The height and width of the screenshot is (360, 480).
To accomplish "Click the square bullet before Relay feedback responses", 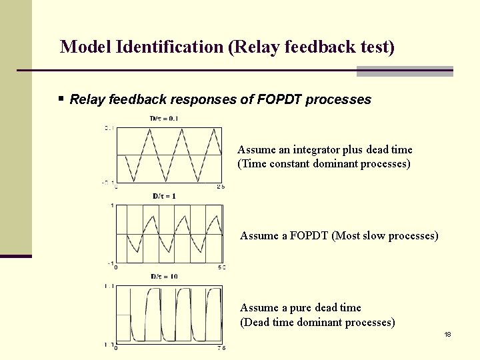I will pos(61,99).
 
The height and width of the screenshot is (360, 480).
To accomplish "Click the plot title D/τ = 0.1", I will pos(163,119).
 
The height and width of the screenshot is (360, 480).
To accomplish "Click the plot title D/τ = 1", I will pos(164,196).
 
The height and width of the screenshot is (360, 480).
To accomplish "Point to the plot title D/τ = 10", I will pos(164,276).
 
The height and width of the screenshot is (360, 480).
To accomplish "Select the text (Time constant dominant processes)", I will pos(324,163).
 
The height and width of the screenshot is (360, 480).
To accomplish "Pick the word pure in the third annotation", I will pos(299,307).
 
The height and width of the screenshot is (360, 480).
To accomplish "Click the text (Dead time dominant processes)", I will pos(317,322).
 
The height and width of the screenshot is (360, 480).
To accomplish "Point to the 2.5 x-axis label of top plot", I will pos(221,187).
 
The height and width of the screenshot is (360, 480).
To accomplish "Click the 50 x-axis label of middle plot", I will pos(222,267).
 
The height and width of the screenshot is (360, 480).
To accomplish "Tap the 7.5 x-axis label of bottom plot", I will pos(221,347).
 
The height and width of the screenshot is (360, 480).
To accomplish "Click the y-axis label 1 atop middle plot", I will pos(112,205).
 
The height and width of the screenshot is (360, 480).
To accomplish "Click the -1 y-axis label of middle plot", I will pos(111,262).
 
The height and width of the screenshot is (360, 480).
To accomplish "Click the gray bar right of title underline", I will pos(405,71).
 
